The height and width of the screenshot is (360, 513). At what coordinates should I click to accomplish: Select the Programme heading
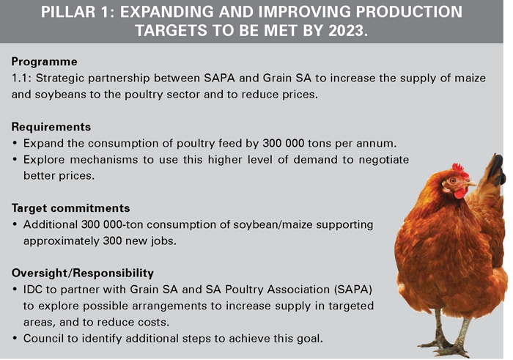tap(45, 62)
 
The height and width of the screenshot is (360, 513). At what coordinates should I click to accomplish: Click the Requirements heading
tap(51, 127)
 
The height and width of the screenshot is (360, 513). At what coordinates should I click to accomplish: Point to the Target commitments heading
tap(70, 208)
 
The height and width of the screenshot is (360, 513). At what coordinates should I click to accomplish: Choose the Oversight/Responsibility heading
tap(82, 273)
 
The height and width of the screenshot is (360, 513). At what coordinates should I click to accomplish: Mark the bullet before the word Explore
tap(15, 160)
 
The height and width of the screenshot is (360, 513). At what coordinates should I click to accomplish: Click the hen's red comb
tap(460, 169)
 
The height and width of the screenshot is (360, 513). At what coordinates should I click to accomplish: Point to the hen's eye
tap(453, 180)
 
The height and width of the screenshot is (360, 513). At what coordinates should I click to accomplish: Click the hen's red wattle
tap(461, 193)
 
